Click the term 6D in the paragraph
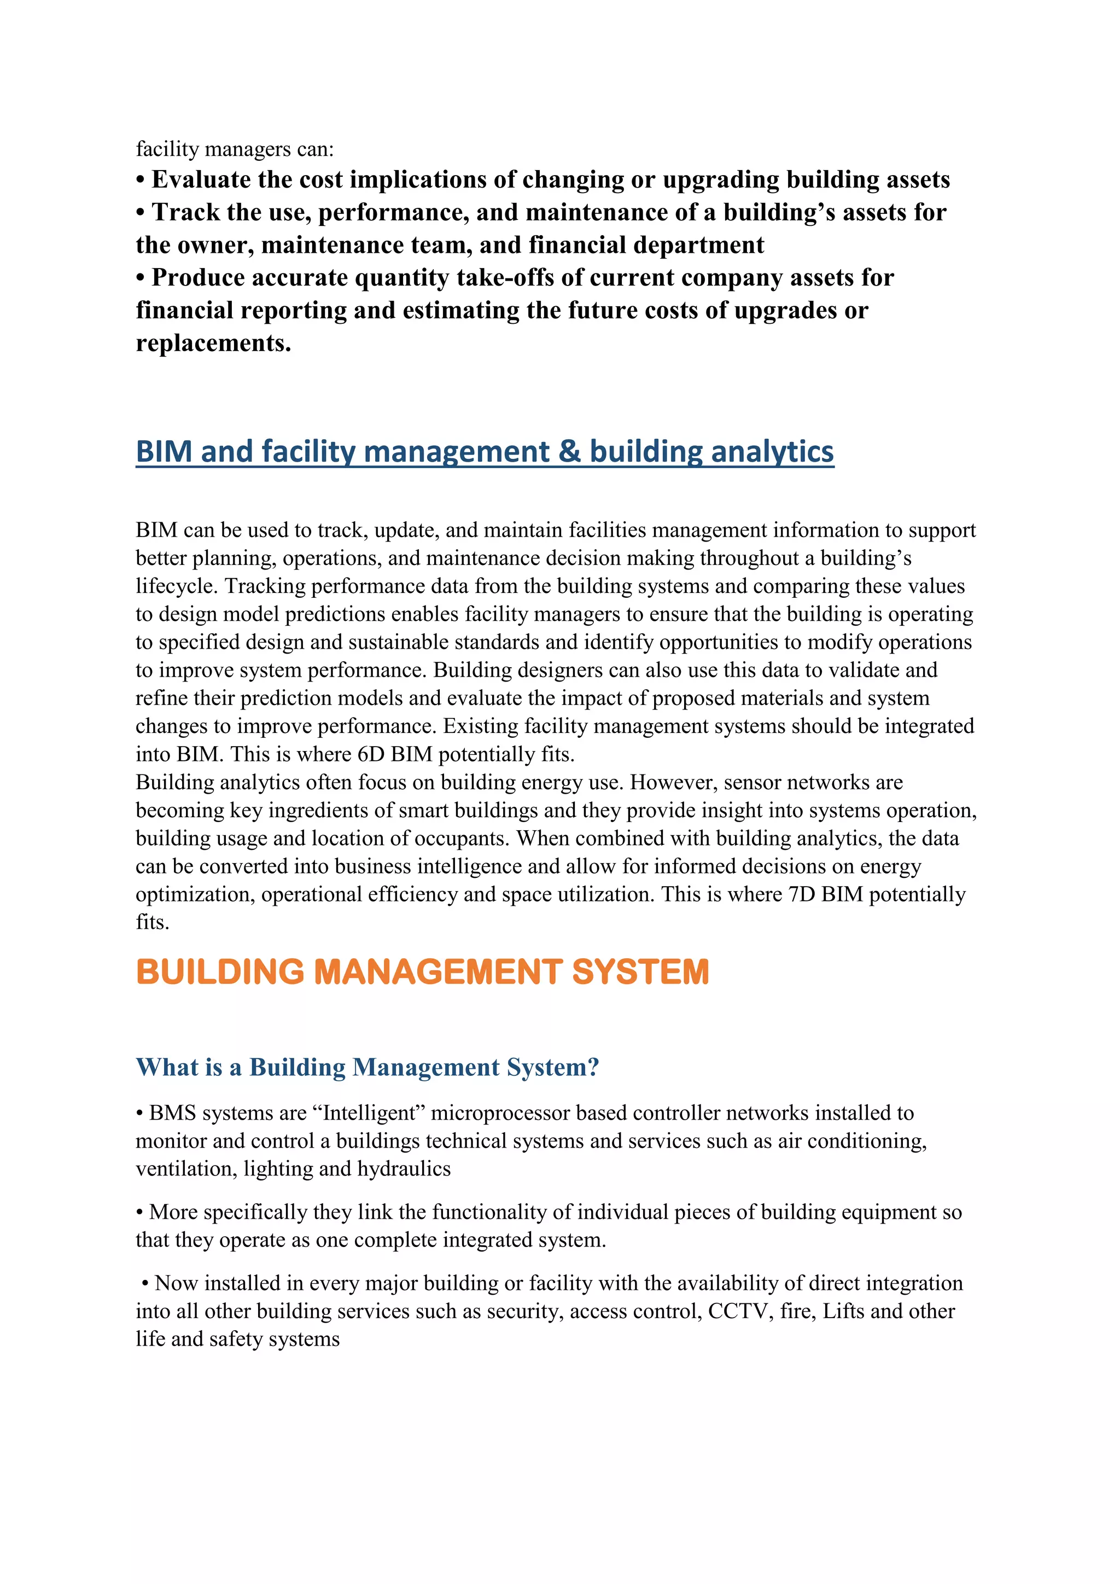click(x=371, y=754)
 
